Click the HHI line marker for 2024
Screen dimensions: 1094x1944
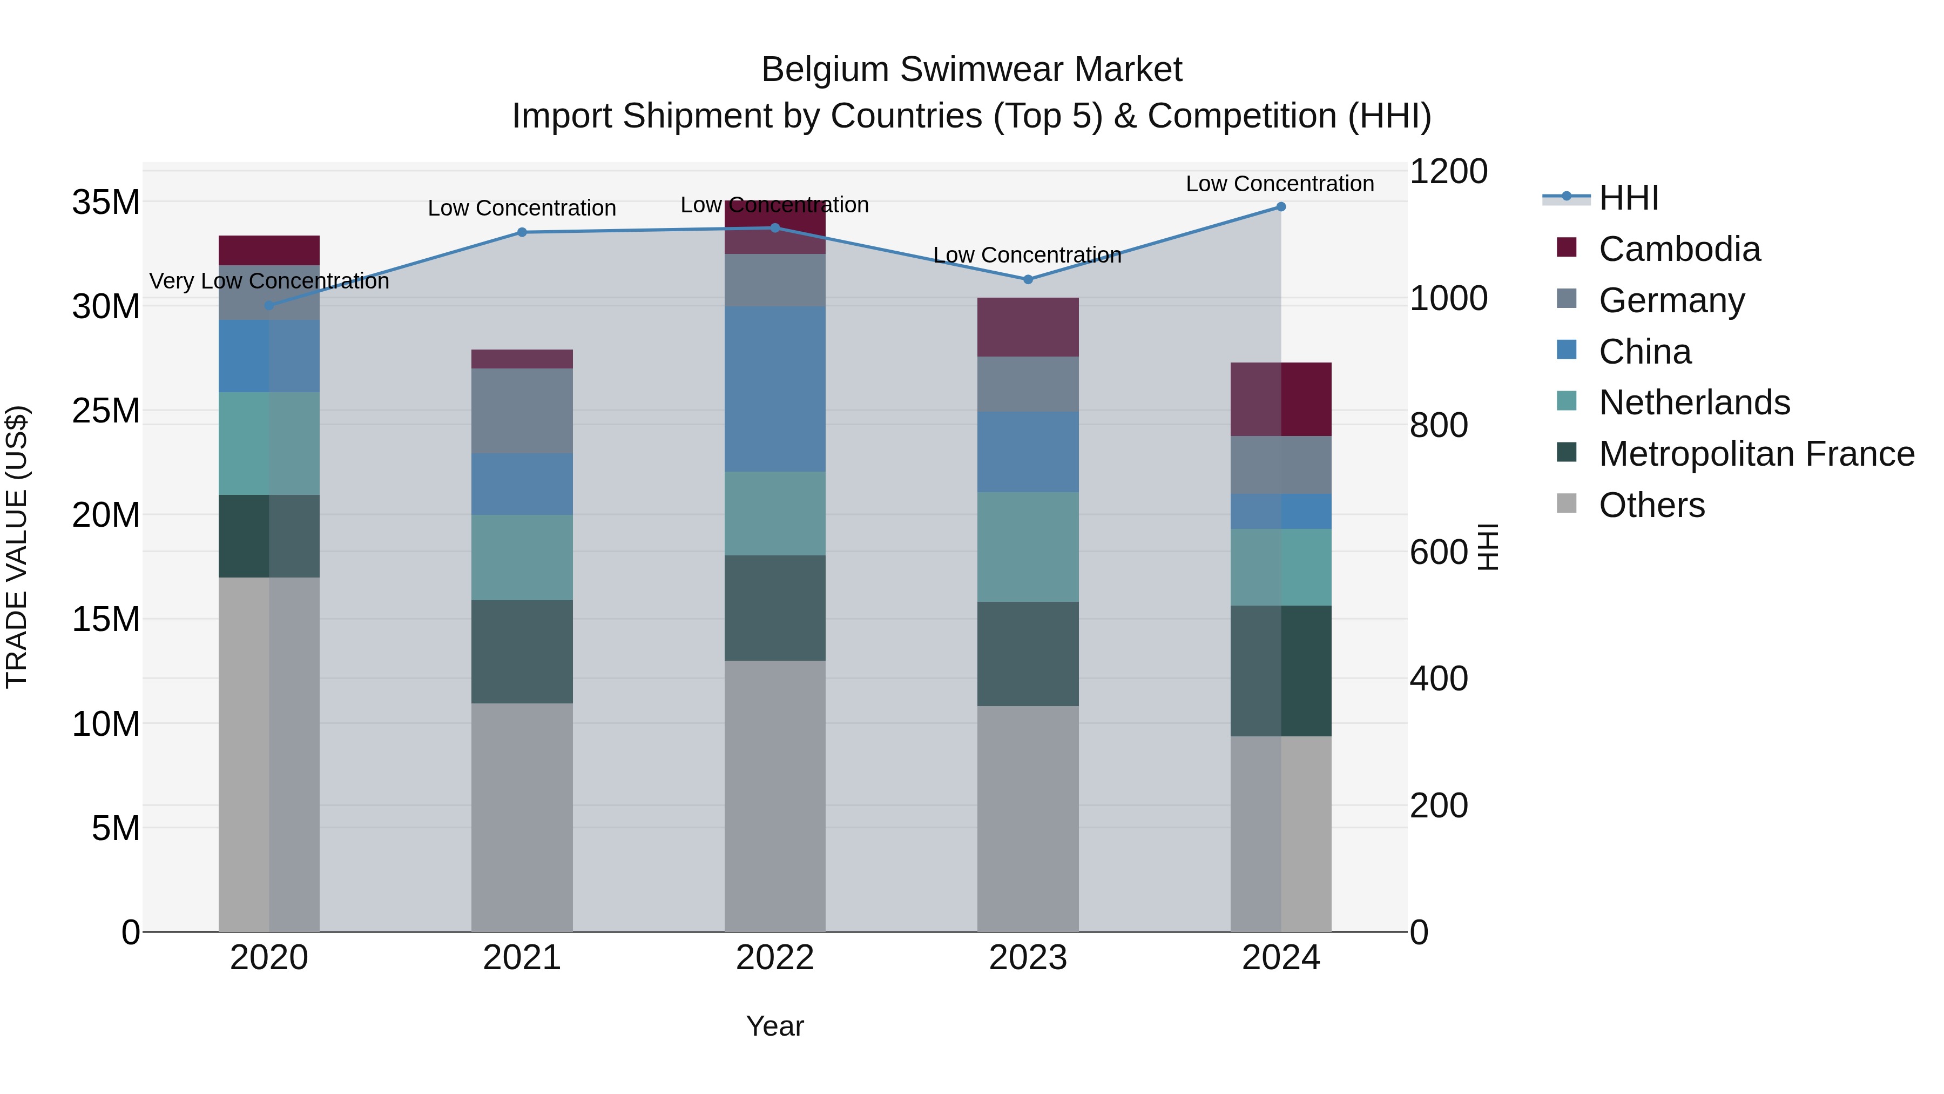pyautogui.click(x=1281, y=207)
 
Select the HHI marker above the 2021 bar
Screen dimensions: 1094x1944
pyautogui.click(x=522, y=232)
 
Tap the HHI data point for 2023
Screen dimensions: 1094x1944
pyautogui.click(x=1028, y=279)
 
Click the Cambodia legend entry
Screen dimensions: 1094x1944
pyautogui.click(x=1678, y=249)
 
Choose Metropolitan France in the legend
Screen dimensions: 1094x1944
pyautogui.click(x=1756, y=454)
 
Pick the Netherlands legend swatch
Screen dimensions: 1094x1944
pyautogui.click(x=1567, y=401)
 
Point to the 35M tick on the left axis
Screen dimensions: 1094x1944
pyautogui.click(x=106, y=203)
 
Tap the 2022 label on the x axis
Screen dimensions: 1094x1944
pyautogui.click(x=774, y=958)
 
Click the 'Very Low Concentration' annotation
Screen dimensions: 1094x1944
pyautogui.click(x=269, y=281)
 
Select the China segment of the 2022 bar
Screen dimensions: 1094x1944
pyautogui.click(x=775, y=389)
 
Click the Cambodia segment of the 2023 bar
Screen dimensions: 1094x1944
pyautogui.click(x=1028, y=327)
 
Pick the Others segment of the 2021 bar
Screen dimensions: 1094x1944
pyautogui.click(x=522, y=817)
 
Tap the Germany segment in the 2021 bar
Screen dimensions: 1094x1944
pyautogui.click(x=522, y=411)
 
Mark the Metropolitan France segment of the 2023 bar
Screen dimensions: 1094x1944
pyautogui.click(x=1028, y=654)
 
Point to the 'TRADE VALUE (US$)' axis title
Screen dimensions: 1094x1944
pyautogui.click(x=17, y=547)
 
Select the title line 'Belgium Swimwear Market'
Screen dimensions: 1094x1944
pyautogui.click(x=971, y=70)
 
